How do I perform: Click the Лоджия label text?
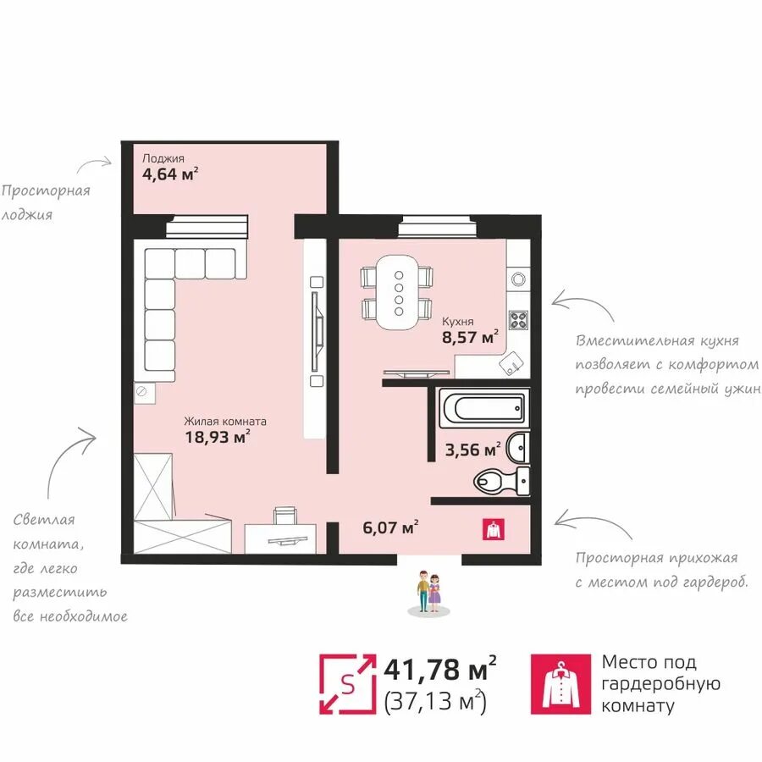coord(163,158)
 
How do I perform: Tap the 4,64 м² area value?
coord(170,174)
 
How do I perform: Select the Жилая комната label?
coord(225,422)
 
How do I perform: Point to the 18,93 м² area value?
coord(218,437)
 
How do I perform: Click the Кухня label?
coord(458,322)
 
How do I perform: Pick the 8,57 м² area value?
coord(470,337)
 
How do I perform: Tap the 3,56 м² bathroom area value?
coord(472,450)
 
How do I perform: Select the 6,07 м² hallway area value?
coord(390,527)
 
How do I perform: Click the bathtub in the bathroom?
coord(484,408)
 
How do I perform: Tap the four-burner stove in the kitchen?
coord(518,320)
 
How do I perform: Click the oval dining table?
coord(399,293)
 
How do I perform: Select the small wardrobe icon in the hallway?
coord(494,529)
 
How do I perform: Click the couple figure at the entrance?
coord(428,591)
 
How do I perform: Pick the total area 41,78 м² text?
coord(440,669)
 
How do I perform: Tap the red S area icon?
coord(347,684)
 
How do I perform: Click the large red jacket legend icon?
coord(560,684)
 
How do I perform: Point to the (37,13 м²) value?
coord(435,701)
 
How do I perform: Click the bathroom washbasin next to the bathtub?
coord(516,447)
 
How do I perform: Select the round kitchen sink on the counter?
coord(518,279)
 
